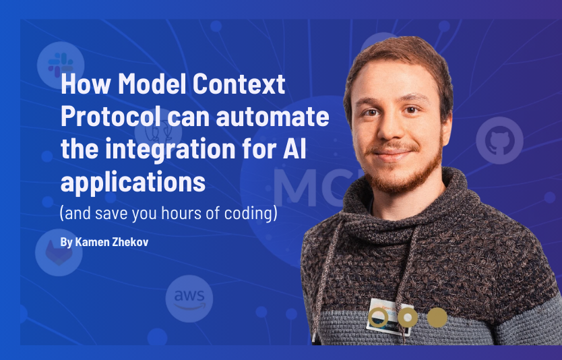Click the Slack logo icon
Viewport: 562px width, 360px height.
(x=61, y=65)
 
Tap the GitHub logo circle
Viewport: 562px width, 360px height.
(x=499, y=140)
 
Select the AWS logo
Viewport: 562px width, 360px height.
(x=189, y=299)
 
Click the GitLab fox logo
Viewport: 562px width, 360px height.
(x=59, y=252)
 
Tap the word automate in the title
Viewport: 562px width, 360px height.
(x=273, y=117)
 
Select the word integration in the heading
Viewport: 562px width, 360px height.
(x=170, y=150)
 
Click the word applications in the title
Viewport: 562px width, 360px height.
(x=133, y=183)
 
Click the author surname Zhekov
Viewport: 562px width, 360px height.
(x=130, y=242)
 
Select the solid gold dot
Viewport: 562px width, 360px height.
(x=437, y=318)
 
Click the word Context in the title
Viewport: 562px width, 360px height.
(x=239, y=84)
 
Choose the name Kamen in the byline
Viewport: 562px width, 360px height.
(x=92, y=242)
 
